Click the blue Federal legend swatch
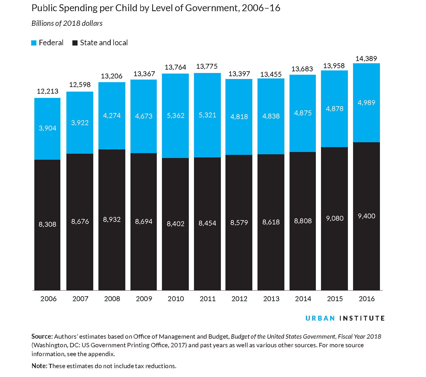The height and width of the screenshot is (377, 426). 34,43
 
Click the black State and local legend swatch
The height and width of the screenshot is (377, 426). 75,43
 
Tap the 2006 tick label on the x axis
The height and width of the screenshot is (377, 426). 48,299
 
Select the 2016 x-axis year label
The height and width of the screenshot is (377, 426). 366,299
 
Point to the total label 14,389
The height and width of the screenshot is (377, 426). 366,59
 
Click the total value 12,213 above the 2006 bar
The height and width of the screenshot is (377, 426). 47,91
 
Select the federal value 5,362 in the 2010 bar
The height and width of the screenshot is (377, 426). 175,116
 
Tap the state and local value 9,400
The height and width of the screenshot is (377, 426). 366,216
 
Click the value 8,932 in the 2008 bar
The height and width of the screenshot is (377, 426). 112,220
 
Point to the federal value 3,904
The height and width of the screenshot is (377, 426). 47,128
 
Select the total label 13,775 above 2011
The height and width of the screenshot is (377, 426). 207,66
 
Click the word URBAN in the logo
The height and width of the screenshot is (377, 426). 320,318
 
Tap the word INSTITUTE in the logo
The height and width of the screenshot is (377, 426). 362,318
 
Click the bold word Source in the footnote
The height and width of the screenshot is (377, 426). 42,336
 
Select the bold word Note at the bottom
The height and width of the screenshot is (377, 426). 39,366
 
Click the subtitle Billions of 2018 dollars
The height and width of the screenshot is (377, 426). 67,23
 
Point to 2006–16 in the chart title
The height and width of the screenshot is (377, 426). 261,8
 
